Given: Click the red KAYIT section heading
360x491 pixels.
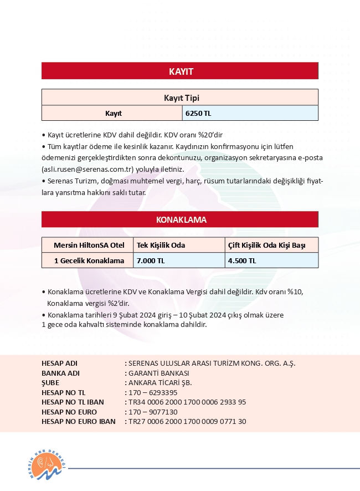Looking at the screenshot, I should click(x=180, y=71).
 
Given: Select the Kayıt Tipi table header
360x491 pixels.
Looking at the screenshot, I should click(x=180, y=98).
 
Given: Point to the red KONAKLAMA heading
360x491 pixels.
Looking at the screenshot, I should click(x=180, y=220).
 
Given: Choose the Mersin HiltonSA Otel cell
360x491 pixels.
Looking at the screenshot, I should click(x=88, y=245).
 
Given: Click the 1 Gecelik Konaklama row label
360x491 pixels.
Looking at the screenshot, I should click(x=88, y=260).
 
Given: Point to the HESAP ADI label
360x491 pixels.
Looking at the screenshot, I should click(x=60, y=363).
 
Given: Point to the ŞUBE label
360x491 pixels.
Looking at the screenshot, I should click(x=50, y=382).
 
